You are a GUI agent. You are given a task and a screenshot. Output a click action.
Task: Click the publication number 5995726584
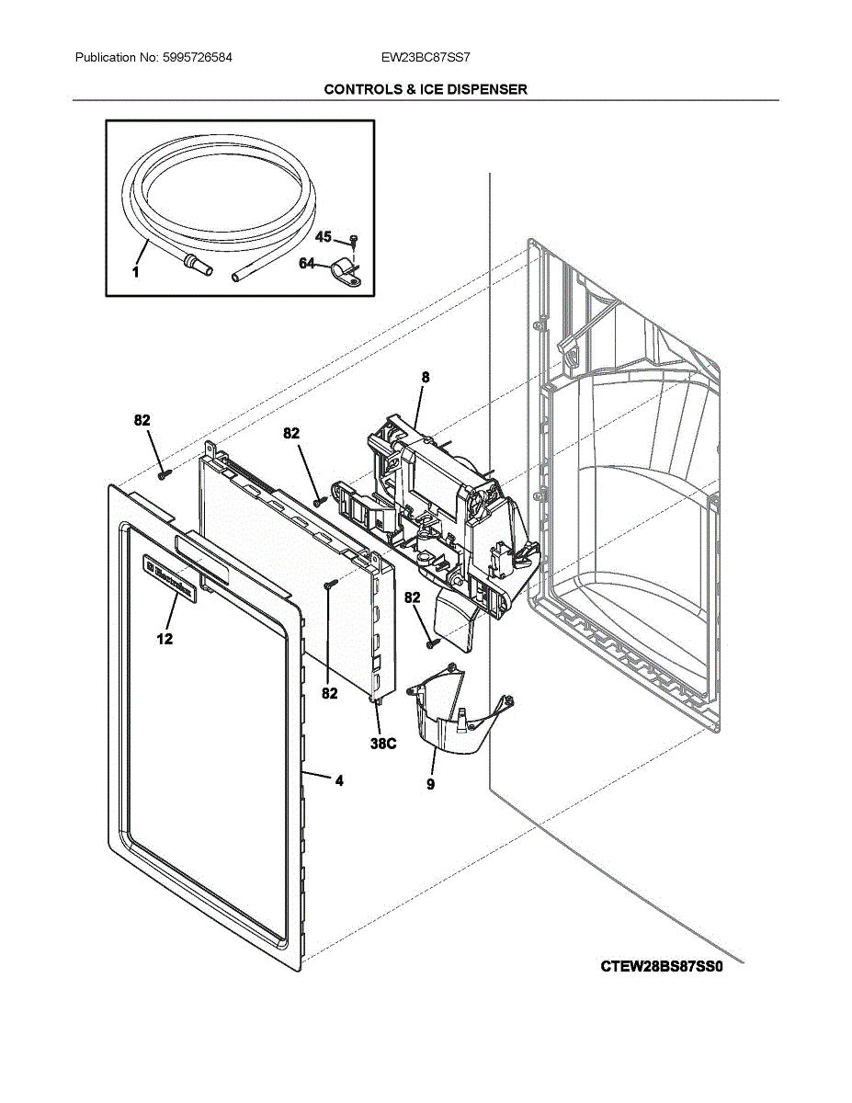pos(197,57)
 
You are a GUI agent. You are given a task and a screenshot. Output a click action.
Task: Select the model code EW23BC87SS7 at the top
pos(426,57)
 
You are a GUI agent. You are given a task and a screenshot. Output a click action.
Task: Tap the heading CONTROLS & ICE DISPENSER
pos(426,89)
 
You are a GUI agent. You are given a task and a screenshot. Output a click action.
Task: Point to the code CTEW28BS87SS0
pos(669,966)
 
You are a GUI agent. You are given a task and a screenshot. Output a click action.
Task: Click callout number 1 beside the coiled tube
pos(135,271)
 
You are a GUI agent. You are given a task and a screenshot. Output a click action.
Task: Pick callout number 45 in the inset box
pos(324,237)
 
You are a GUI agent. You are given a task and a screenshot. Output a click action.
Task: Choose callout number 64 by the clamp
pos(307,265)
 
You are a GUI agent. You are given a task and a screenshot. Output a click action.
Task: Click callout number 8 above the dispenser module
pos(426,377)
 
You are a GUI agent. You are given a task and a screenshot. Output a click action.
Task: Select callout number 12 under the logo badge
pos(165,639)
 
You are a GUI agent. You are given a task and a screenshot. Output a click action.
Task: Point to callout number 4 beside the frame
pos(339,781)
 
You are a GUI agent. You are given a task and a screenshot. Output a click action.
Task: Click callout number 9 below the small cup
pos(431,784)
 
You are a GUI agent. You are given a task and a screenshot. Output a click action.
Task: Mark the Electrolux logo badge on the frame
pos(169,579)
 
